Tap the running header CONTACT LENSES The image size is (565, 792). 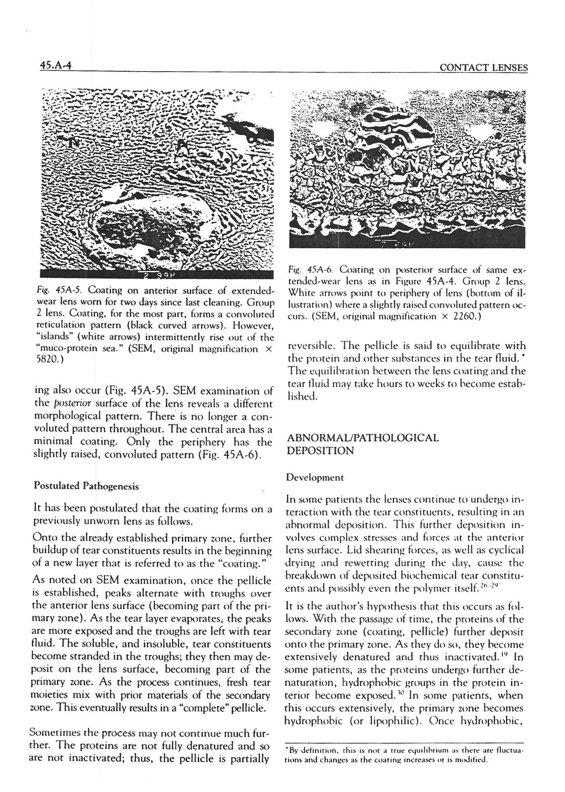tap(484, 68)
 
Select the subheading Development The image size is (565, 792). tap(315, 477)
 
